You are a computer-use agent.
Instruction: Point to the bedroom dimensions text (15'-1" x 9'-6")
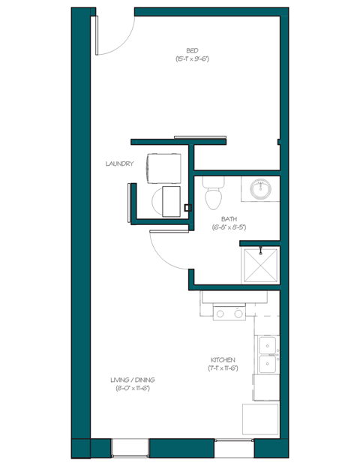pos(192,58)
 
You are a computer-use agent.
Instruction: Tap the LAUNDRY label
pos(120,164)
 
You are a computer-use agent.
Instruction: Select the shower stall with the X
pos(259,266)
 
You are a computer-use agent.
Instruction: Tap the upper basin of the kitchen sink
pos(266,345)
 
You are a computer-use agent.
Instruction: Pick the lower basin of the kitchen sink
pos(266,364)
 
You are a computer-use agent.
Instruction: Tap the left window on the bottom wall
pos(130,448)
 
